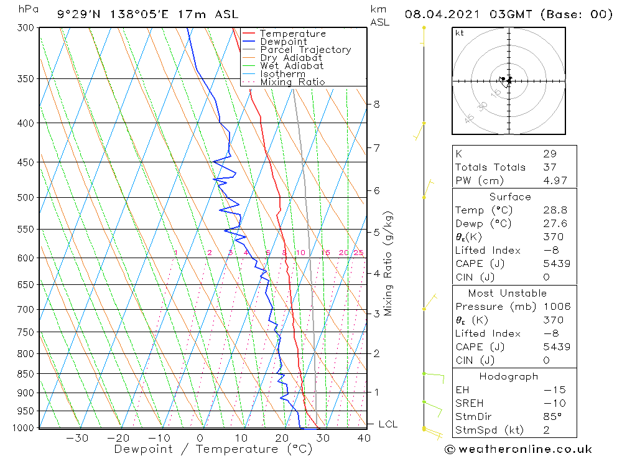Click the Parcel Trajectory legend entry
pyautogui.click(x=305, y=50)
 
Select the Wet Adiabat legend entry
pyautogui.click(x=291, y=66)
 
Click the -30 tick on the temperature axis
pyautogui.click(x=78, y=438)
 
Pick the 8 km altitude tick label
pyautogui.click(x=376, y=104)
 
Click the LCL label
pyautogui.click(x=388, y=424)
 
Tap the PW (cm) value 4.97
pyautogui.click(x=555, y=180)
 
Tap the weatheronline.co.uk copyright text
pyautogui.click(x=519, y=449)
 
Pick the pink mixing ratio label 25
pyautogui.click(x=358, y=253)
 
